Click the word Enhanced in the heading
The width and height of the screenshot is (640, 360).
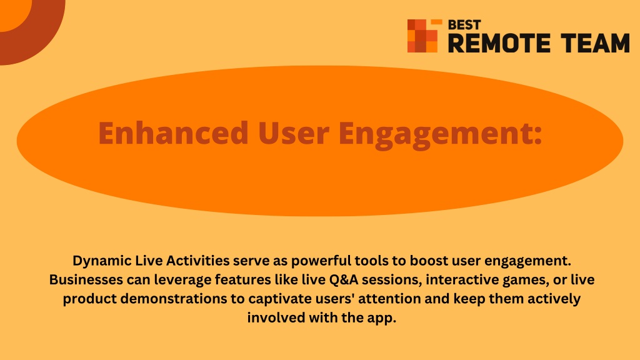click(x=174, y=132)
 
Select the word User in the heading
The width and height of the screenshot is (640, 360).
click(x=294, y=133)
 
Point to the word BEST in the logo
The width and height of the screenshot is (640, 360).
click(x=464, y=25)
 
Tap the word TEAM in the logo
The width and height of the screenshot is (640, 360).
click(x=595, y=43)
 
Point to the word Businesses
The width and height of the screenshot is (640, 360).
click(x=86, y=279)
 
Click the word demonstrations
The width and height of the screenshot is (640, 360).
click(x=174, y=298)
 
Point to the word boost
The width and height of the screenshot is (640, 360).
click(x=429, y=261)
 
